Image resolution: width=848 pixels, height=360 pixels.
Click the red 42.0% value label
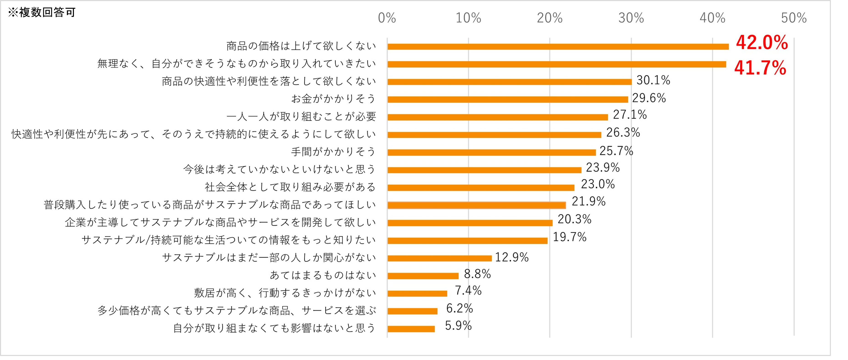pyautogui.click(x=762, y=43)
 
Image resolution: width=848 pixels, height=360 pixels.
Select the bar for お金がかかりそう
pyautogui.click(x=508, y=99)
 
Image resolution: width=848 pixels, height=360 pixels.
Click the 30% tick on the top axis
pyautogui.click(x=631, y=18)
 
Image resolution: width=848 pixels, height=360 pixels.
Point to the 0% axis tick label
pyautogui.click(x=387, y=18)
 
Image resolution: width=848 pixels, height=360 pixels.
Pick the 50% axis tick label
pyautogui.click(x=794, y=18)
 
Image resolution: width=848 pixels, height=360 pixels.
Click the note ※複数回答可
pyautogui.click(x=42, y=13)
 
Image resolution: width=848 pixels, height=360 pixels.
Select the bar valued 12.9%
pyautogui.click(x=439, y=258)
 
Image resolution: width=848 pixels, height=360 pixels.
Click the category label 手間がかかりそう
pyautogui.click(x=333, y=152)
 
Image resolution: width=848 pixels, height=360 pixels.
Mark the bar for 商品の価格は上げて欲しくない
pyautogui.click(x=558, y=47)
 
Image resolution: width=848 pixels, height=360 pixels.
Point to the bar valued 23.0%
pyautogui.click(x=481, y=188)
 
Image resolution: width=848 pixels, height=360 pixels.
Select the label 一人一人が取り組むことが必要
pyautogui.click(x=301, y=116)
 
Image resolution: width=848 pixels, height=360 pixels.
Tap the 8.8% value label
pyautogui.click(x=477, y=274)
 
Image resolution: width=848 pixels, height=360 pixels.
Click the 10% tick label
pyautogui.click(x=468, y=18)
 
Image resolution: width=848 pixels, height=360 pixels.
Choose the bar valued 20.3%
pyautogui.click(x=470, y=223)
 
